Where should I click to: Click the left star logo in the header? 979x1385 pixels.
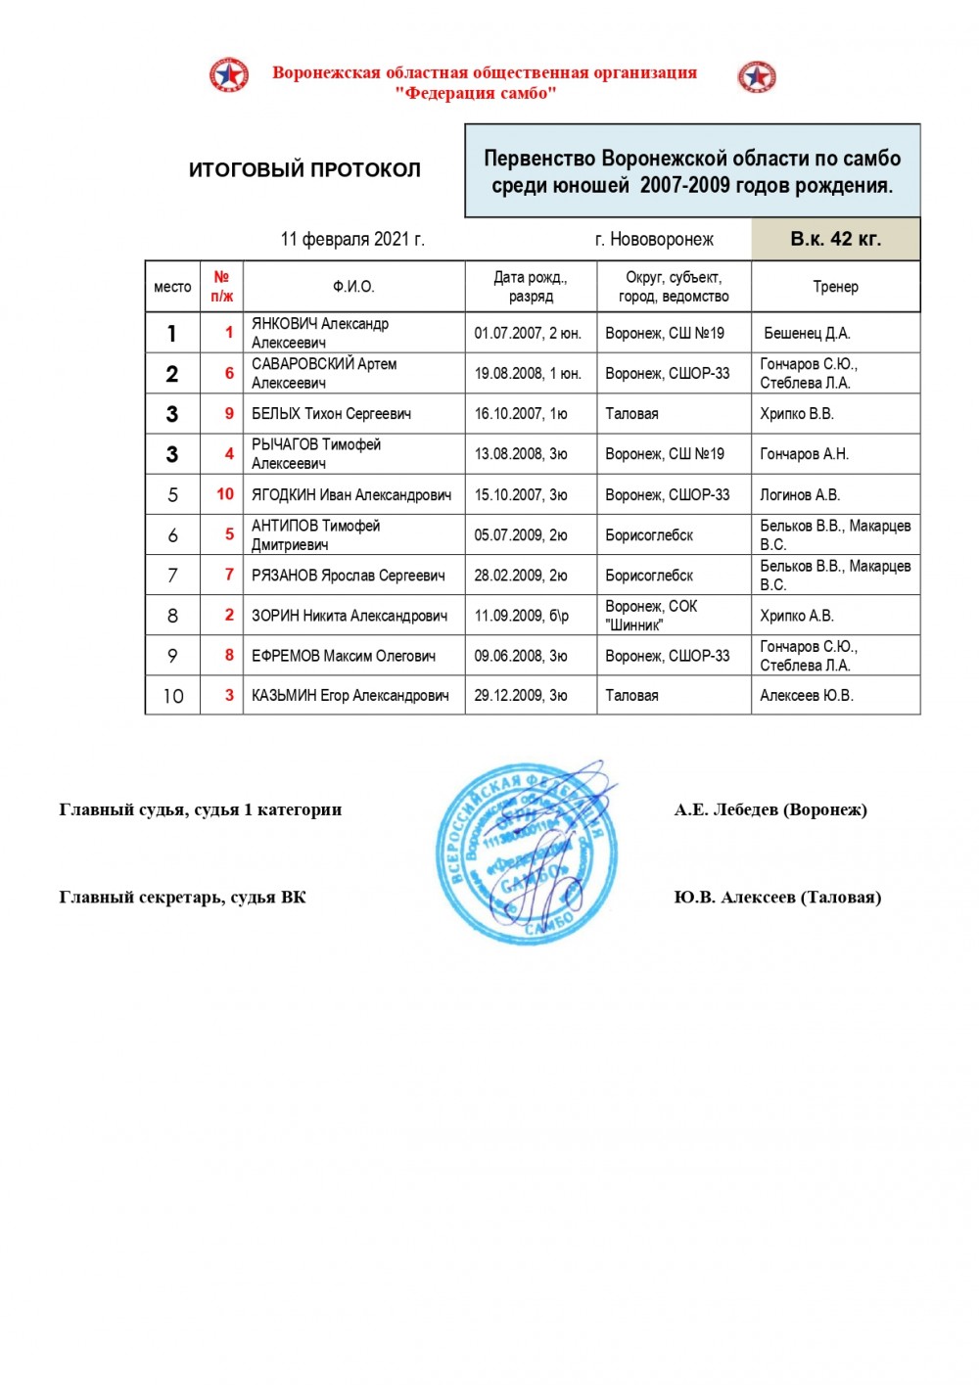pyautogui.click(x=228, y=75)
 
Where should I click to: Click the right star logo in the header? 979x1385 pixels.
pyautogui.click(x=757, y=76)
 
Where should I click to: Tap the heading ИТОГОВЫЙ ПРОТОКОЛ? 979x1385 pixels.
pyautogui.click(x=304, y=169)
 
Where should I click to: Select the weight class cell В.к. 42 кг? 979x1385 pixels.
pyautogui.click(x=835, y=239)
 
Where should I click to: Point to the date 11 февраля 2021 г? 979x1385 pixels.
pyautogui.click(x=352, y=239)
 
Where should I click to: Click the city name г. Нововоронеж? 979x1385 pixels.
pyautogui.click(x=654, y=239)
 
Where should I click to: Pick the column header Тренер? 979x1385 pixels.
pyautogui.click(x=835, y=287)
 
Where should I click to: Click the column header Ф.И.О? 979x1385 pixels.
pyautogui.click(x=353, y=287)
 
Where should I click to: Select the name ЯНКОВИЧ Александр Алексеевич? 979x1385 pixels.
pyautogui.click(x=319, y=333)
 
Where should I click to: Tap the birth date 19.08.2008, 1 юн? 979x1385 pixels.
pyautogui.click(x=528, y=373)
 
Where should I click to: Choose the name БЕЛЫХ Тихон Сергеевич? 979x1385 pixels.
pyautogui.click(x=331, y=413)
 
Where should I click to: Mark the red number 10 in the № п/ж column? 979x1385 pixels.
pyautogui.click(x=225, y=494)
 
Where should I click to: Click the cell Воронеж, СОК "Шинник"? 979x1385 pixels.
pyautogui.click(x=651, y=616)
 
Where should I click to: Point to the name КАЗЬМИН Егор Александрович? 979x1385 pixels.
pyautogui.click(x=350, y=695)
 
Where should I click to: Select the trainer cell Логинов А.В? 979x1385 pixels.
pyautogui.click(x=800, y=494)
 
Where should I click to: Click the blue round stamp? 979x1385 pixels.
pyautogui.click(x=526, y=853)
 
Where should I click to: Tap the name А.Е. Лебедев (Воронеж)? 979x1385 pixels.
pyautogui.click(x=770, y=809)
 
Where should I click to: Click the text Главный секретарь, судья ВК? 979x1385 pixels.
pyautogui.click(x=182, y=897)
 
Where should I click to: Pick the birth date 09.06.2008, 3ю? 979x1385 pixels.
pyautogui.click(x=521, y=656)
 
